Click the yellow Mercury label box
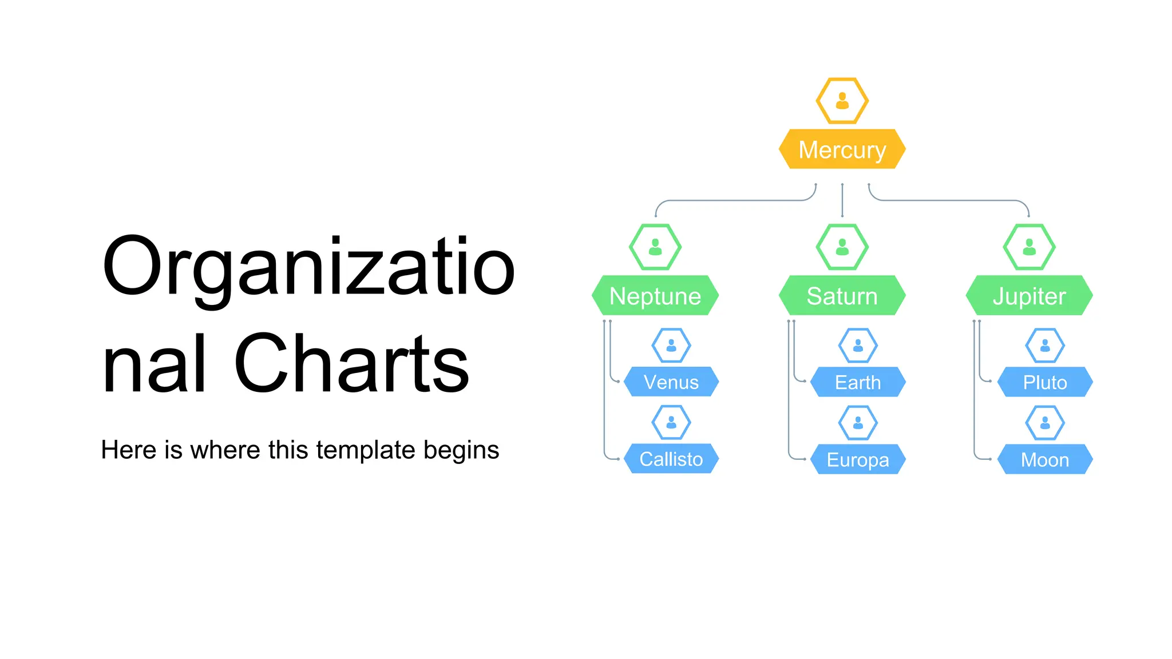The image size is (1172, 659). (842, 149)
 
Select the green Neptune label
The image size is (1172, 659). (655, 296)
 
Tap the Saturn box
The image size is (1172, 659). (842, 296)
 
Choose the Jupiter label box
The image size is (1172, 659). (1029, 296)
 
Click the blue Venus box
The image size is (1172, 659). (671, 382)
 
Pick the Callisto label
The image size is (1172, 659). (671, 459)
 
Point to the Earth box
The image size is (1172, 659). (858, 382)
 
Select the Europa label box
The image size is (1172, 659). (858, 459)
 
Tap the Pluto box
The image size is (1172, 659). (1045, 382)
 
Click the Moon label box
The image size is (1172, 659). (1045, 459)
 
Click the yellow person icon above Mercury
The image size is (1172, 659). (842, 101)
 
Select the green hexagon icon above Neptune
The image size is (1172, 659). (655, 247)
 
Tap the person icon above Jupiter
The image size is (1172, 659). (1029, 247)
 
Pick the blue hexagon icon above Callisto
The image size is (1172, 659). (671, 423)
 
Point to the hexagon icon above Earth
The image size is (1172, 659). (858, 346)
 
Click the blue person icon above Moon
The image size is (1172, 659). (1045, 423)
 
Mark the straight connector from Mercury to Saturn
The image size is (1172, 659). (842, 200)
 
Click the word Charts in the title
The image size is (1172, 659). (351, 363)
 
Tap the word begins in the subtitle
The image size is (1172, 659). (461, 451)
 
